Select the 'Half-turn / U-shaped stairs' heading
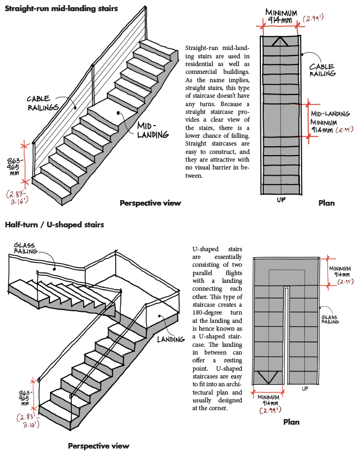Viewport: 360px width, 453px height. click(x=54, y=225)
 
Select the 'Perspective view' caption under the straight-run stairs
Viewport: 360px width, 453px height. click(x=150, y=203)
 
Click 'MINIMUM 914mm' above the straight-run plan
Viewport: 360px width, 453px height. click(x=281, y=16)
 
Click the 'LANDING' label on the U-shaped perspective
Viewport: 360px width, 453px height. click(x=170, y=340)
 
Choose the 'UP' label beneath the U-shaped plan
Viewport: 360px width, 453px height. click(x=304, y=389)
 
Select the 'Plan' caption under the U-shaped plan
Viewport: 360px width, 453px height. click(x=291, y=422)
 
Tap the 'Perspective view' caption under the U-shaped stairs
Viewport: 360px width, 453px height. click(x=98, y=446)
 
